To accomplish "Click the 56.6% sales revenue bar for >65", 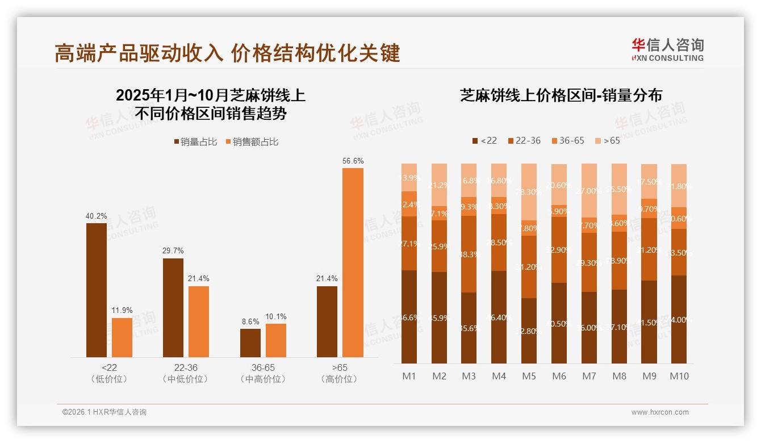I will pos(353,262).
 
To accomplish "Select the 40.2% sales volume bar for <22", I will pos(97,290).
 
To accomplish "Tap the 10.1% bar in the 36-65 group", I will pos(276,340).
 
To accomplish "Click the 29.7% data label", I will pos(173,250).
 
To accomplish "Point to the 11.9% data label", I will pos(122,310).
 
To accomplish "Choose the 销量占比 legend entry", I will pos(195,142).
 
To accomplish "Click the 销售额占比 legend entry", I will pos(252,142).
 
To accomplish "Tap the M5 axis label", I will pos(529,376).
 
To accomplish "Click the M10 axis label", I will pos(679,376).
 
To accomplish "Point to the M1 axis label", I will pos(409,376).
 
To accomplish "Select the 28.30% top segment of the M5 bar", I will pos(529,192).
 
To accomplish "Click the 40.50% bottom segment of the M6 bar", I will pos(559,323).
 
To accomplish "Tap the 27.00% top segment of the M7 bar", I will pos(589,191).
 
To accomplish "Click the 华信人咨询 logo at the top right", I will pos(667,49).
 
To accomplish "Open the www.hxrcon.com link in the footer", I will pos(660,412).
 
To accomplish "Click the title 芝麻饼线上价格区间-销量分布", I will pos(561,95).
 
